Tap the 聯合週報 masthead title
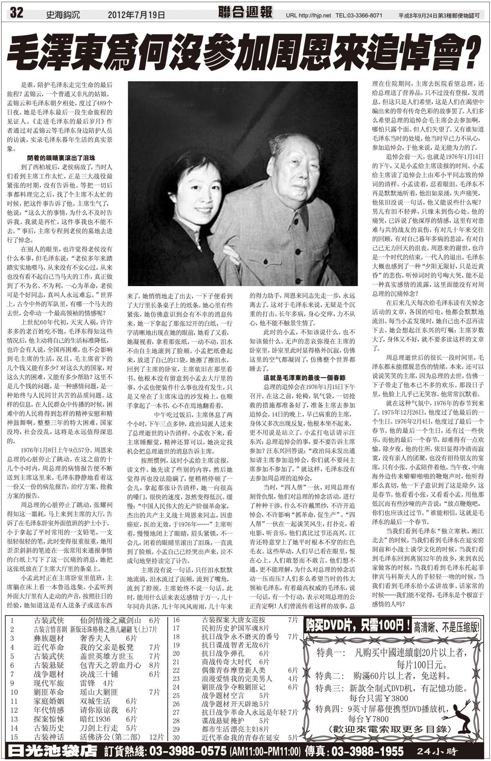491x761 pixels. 245,13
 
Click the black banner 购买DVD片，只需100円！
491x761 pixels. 357,626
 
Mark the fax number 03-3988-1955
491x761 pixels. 375,751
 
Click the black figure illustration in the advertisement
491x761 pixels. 466,719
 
